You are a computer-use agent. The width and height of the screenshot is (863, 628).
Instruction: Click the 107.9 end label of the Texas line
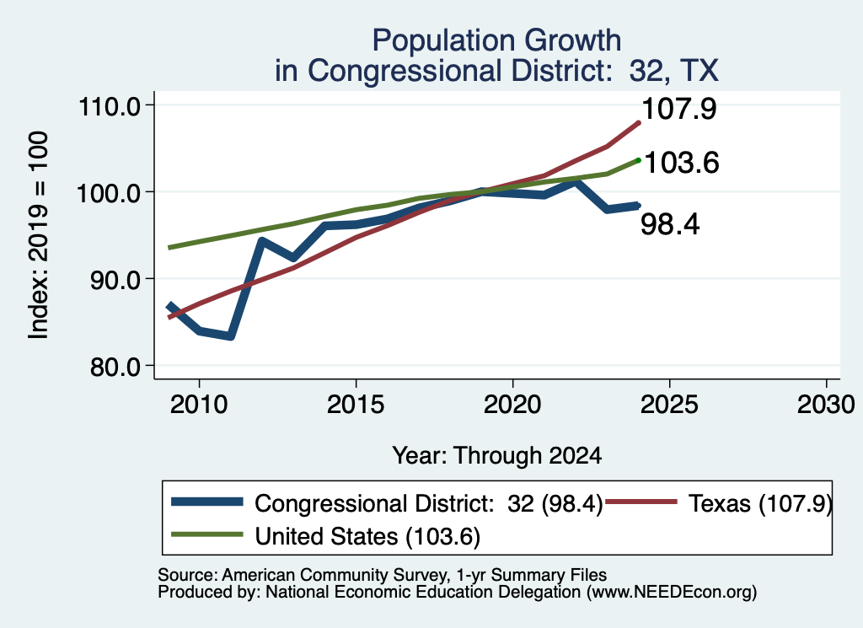coord(679,109)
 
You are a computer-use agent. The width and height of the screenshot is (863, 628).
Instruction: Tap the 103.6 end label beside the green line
coord(681,163)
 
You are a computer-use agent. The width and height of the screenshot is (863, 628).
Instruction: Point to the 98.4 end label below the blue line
coord(670,224)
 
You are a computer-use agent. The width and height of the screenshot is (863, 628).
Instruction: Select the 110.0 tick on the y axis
coord(110,105)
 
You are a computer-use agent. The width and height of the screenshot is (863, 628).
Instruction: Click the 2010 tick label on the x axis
coord(199,405)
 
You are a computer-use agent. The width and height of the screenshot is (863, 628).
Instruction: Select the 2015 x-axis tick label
coord(356,405)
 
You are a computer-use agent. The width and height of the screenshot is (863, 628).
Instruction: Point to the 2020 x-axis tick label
coord(513,405)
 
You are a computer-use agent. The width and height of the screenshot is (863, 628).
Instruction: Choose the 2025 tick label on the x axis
coord(670,405)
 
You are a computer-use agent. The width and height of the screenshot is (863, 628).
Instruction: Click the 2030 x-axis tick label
coord(826,405)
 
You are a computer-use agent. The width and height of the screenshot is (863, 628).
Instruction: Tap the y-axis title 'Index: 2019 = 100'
coord(39,235)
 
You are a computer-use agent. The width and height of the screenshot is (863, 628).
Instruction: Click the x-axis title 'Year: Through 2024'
coord(497,456)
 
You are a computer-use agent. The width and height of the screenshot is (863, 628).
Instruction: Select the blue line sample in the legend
coord(207,502)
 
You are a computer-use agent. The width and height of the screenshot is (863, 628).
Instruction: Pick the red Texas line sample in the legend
coord(641,502)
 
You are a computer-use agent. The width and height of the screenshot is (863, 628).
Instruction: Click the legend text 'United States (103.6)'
coord(367,537)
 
